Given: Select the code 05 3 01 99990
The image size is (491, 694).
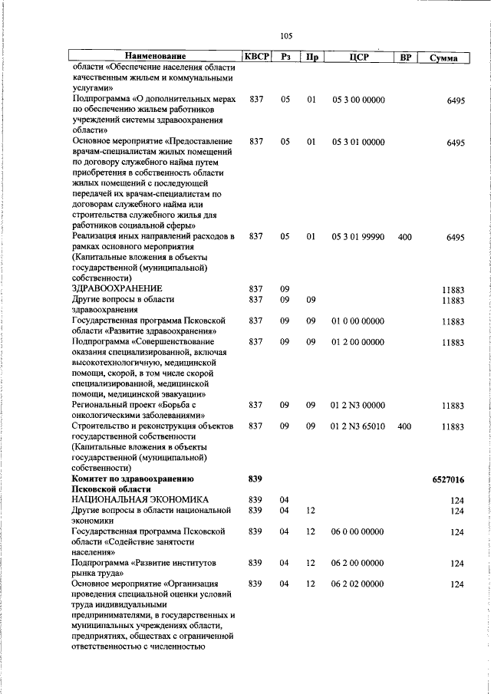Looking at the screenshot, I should pyautogui.click(x=358, y=238).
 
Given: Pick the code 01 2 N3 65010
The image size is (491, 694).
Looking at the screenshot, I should pyautogui.click(x=358, y=426).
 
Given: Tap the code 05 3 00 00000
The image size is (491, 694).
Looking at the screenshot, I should pyautogui.click(x=358, y=100).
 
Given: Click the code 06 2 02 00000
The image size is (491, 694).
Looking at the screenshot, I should pyautogui.click(x=358, y=584).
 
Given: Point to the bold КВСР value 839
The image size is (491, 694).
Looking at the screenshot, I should pyautogui.click(x=256, y=479).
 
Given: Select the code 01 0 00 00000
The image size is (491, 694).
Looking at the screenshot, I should pyautogui.click(x=358, y=321).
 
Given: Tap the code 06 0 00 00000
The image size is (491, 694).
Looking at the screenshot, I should pyautogui.click(x=358, y=531).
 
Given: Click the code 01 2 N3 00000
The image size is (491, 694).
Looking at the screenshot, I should pyautogui.click(x=358, y=405).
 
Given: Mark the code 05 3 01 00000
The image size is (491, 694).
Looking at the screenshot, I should pyautogui.click(x=358, y=143).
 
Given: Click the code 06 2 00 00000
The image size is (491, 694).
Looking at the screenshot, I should pyautogui.click(x=358, y=563).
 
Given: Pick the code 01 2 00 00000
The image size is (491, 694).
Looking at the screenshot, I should pyautogui.click(x=358, y=342).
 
